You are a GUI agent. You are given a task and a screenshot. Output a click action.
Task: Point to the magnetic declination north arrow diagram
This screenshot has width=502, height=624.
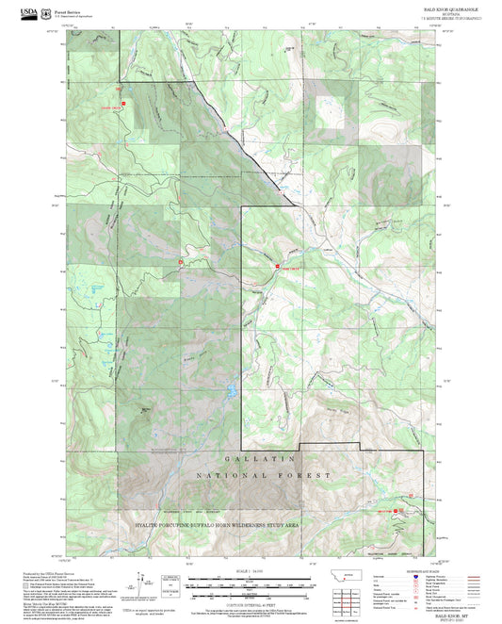[141, 584]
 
